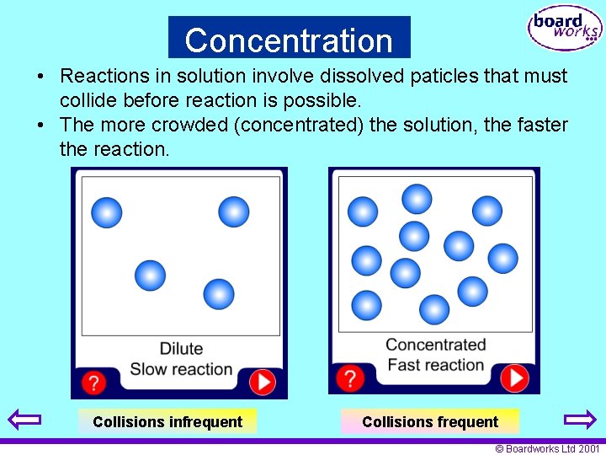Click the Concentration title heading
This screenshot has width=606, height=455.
[289, 40]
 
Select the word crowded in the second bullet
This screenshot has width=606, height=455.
[184, 126]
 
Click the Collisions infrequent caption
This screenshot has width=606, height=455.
[167, 421]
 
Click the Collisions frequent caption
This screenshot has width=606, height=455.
[430, 421]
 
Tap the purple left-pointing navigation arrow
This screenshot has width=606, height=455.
[24, 419]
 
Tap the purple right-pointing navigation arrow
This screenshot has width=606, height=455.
[579, 419]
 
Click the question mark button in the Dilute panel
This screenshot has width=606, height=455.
[93, 383]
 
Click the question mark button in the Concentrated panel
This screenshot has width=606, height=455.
[350, 377]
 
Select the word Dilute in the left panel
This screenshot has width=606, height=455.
[181, 349]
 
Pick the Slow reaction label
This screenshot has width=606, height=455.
[181, 369]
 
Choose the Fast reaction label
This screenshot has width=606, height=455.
[435, 365]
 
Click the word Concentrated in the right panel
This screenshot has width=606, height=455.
[435, 345]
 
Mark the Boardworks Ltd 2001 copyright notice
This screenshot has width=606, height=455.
[547, 449]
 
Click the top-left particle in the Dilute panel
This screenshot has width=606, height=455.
[106, 212]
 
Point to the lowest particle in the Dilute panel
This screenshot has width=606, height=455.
[219, 294]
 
